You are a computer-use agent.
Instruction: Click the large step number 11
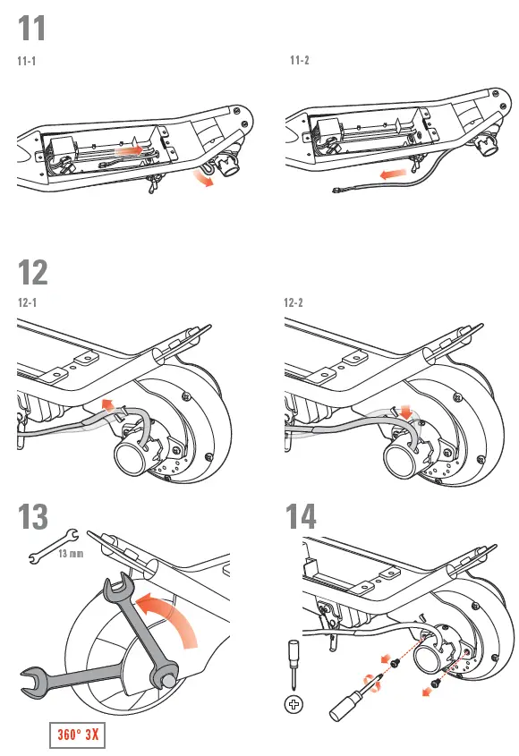click(x=32, y=29)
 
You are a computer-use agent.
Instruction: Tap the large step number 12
click(x=33, y=271)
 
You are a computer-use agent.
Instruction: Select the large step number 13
click(x=34, y=516)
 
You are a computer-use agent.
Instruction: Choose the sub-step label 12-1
click(x=27, y=302)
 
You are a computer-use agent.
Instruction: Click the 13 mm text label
click(x=71, y=554)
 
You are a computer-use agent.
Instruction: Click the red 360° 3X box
click(x=77, y=736)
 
